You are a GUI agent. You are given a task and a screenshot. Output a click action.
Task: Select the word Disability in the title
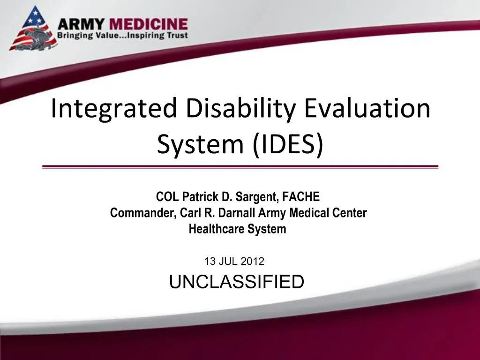pos(240,108)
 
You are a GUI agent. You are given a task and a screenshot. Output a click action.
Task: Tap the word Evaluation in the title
pos(367,108)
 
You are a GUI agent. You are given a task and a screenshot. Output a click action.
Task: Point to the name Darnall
pos(239,213)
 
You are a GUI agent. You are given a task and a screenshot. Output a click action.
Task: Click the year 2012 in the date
pos(254,262)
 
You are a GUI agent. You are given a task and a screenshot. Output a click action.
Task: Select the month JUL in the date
pos(230,262)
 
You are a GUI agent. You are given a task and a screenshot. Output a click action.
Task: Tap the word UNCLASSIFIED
pos(236,282)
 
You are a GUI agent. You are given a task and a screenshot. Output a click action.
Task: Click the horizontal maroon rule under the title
pos(240,166)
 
